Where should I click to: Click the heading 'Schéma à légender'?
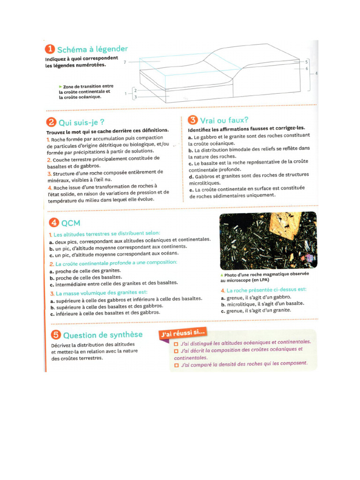92,49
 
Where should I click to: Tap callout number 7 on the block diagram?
125,62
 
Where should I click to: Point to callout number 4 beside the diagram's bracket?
316,74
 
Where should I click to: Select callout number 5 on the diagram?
306,62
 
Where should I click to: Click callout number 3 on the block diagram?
135,97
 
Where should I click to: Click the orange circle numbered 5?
55,335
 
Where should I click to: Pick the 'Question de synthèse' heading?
102,335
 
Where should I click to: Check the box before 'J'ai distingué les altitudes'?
176,343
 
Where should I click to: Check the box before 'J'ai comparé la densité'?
176,364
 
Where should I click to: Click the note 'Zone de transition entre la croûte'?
86,92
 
